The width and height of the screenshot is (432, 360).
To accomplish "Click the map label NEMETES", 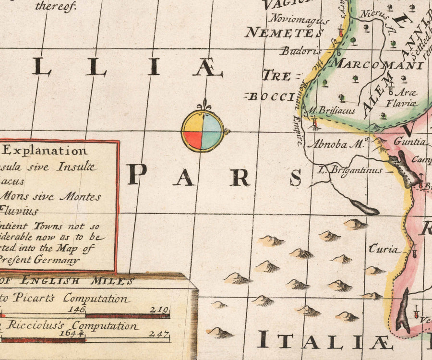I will tap(284, 33).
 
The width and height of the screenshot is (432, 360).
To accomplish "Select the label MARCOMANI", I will tap(378, 63).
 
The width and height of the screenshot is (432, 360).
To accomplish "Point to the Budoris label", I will tap(300, 50).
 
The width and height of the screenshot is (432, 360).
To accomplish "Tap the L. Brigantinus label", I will tap(350, 170).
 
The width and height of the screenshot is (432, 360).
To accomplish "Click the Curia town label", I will tap(383, 249).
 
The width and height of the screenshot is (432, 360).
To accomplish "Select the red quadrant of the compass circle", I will tap(192, 140).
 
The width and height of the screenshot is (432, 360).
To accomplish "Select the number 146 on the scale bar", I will tap(77, 310).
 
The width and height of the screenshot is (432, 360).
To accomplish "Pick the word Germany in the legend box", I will tap(58, 261).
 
